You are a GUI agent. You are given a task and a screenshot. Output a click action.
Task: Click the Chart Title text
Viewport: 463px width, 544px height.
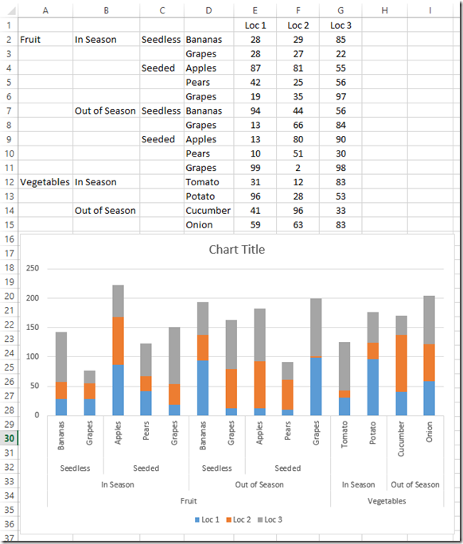click(236, 250)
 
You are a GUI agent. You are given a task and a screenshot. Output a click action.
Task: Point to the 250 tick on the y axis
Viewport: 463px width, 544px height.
click(32, 269)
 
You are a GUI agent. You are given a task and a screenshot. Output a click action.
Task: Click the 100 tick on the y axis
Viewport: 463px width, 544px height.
click(32, 356)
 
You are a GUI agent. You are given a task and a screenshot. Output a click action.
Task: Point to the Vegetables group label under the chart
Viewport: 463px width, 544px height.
click(387, 501)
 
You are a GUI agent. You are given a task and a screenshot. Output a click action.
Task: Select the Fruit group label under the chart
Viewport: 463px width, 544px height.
click(189, 501)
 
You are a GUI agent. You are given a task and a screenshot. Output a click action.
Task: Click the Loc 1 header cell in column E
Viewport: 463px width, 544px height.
click(255, 25)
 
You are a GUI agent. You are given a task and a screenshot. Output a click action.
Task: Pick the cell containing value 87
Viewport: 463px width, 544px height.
click(255, 68)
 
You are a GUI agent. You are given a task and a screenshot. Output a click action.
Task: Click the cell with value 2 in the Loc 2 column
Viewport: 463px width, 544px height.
click(298, 168)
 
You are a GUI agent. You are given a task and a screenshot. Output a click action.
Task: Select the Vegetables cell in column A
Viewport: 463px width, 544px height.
click(45, 182)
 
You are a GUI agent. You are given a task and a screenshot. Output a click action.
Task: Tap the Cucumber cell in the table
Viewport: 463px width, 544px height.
click(208, 211)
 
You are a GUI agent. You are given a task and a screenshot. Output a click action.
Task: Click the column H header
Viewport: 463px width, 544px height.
click(384, 10)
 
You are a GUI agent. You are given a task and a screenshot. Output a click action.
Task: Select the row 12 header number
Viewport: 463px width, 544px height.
click(8, 182)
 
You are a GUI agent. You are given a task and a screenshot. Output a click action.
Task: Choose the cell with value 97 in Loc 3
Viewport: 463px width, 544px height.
click(340, 97)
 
